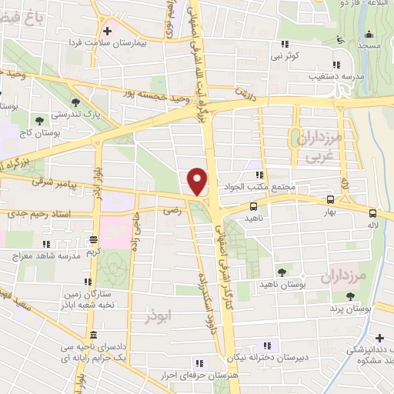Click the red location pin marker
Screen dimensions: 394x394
[x=198, y=181]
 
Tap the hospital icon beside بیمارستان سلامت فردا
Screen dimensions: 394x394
[x=107, y=32]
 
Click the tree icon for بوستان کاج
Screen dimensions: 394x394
[x=39, y=119]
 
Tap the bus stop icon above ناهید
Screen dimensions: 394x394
[x=253, y=206]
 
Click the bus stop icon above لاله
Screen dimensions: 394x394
[x=373, y=213]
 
